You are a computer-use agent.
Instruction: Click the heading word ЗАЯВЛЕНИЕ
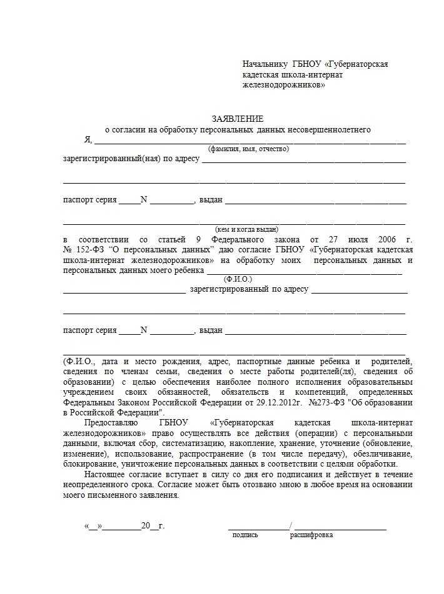(x=238, y=119)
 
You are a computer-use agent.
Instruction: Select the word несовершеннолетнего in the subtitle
(x=331, y=130)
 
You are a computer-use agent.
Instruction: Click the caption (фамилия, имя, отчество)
(x=248, y=149)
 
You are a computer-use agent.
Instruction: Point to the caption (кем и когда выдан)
(x=247, y=229)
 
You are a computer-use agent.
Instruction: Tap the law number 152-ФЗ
(x=88, y=250)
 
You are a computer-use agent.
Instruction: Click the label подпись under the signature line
(x=245, y=535)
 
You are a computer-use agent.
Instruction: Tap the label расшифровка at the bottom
(x=311, y=535)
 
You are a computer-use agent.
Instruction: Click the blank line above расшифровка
(x=340, y=528)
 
